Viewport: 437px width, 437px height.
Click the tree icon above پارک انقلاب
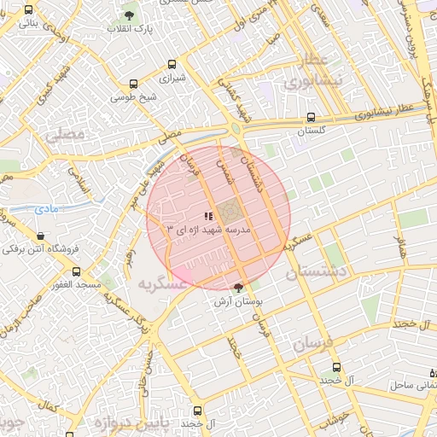[x=129, y=15]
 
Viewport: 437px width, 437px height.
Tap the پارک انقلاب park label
[x=129, y=30]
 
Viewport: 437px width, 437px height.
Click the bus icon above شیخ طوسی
[x=133, y=84]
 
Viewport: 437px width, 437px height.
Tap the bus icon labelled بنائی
[x=30, y=10]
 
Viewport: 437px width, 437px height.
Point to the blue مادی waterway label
[x=46, y=208]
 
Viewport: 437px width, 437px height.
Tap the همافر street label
[x=400, y=248]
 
